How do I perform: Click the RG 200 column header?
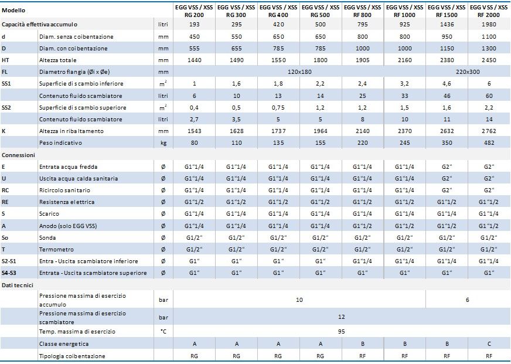pos(194,11)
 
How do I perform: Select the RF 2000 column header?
pos(489,11)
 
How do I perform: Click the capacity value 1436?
pos(447,25)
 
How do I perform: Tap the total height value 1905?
pos(362,60)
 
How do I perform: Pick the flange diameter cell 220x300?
pos(468,72)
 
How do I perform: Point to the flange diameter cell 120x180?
pos(299,72)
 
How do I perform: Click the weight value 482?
pos(489,143)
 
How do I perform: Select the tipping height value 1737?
pos(278,131)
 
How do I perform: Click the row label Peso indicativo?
pos(60,143)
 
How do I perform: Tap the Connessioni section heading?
pos(18,155)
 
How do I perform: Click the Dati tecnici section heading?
pos(18,285)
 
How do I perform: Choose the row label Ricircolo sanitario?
pos(64,190)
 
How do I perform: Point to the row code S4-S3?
pos(9,273)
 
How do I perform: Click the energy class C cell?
pos(489,344)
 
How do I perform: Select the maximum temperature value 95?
pos(341,332)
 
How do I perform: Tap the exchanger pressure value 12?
pos(341,317)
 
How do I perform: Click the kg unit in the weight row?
pos(163,143)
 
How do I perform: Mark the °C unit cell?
pos(163,332)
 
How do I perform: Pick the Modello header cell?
pos(13,11)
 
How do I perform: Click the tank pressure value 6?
pos(467,300)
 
